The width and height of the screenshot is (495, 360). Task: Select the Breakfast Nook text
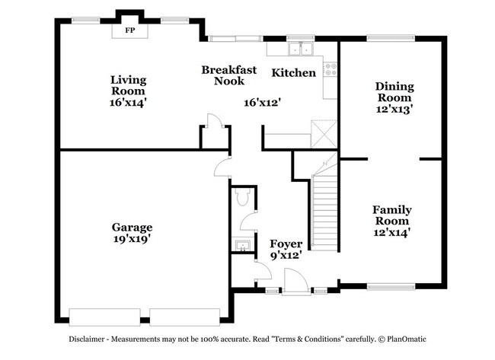pyautogui.click(x=223, y=75)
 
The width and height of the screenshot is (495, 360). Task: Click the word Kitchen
pyautogui.click(x=294, y=73)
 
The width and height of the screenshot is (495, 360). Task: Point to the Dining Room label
pyautogui.click(x=394, y=92)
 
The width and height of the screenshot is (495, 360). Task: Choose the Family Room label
pyautogui.click(x=391, y=215)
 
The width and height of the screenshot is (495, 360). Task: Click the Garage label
pyautogui.click(x=133, y=228)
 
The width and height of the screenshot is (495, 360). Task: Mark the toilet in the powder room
pyautogui.click(x=242, y=198)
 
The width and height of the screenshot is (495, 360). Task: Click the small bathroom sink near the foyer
pyautogui.click(x=241, y=246)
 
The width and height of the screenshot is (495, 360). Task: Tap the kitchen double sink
pyautogui.click(x=302, y=50)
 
